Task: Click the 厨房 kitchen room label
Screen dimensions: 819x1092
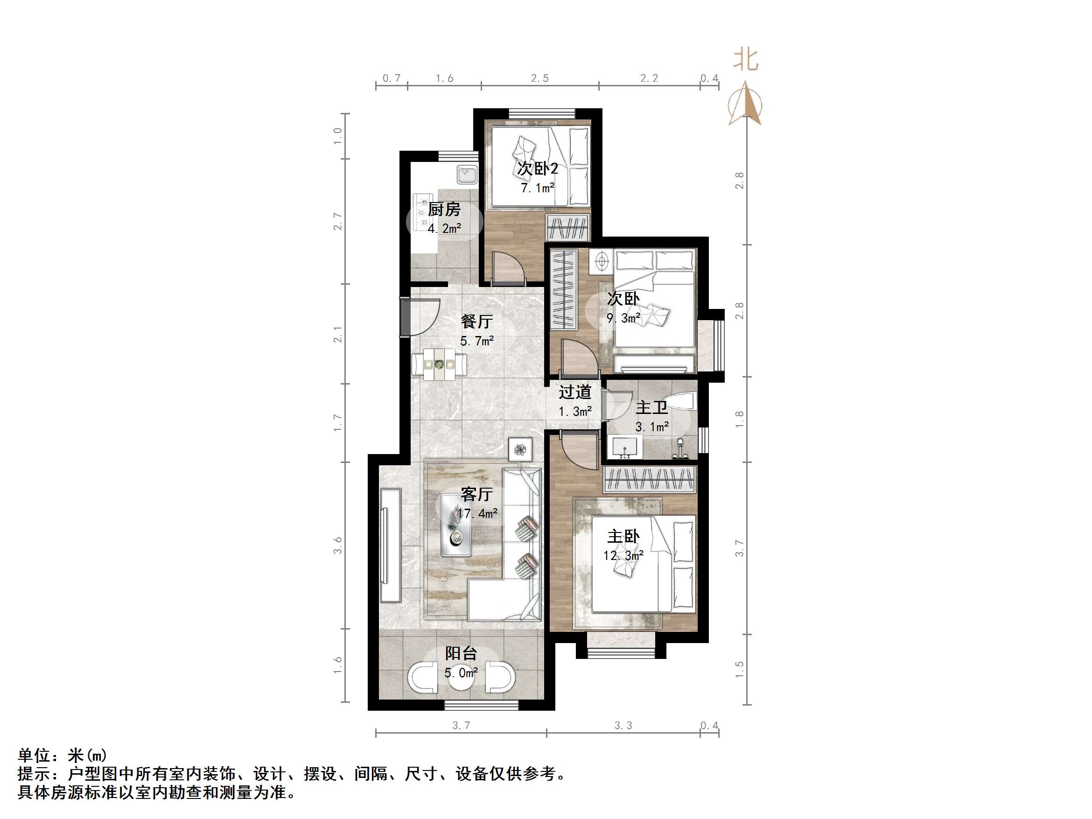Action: coord(444,210)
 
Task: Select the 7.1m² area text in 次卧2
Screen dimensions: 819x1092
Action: coord(538,188)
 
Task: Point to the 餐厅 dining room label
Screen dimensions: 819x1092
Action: coord(476,322)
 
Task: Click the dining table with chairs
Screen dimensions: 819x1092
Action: coord(439,365)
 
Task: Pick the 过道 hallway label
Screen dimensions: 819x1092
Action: coord(574,392)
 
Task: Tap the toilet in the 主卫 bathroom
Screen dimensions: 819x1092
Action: coord(681,401)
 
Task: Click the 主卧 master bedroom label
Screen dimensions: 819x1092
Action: coord(623,536)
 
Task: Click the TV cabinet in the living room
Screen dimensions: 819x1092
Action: coord(391,545)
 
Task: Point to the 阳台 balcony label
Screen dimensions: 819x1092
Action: coord(461,653)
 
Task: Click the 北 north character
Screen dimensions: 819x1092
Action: coord(745,60)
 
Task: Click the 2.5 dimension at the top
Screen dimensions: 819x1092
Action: coord(539,78)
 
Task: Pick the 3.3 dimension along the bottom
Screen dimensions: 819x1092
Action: coord(623,725)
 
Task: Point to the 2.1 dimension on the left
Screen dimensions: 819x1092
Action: coord(338,334)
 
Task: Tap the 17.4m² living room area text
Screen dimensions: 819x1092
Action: coord(477,513)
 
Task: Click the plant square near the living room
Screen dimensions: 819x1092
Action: coord(520,449)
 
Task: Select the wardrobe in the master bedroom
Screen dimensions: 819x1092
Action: coord(650,479)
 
